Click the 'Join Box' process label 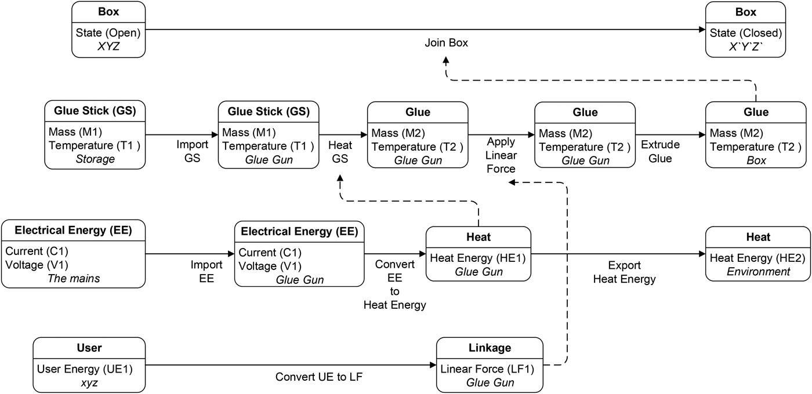[446, 43]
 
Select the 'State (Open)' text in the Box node [108, 32]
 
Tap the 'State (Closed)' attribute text [746, 32]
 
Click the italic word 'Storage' [95, 159]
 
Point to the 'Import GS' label [188, 152]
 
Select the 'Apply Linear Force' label [501, 155]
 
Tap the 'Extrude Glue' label [660, 151]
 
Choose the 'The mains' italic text [74, 279]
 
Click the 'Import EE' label [206, 272]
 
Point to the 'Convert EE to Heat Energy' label [394, 284]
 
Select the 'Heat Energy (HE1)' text [478, 258]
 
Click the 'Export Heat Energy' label [624, 272]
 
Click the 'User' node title [89, 348]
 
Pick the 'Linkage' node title [490, 348]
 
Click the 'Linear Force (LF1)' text [487, 369]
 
